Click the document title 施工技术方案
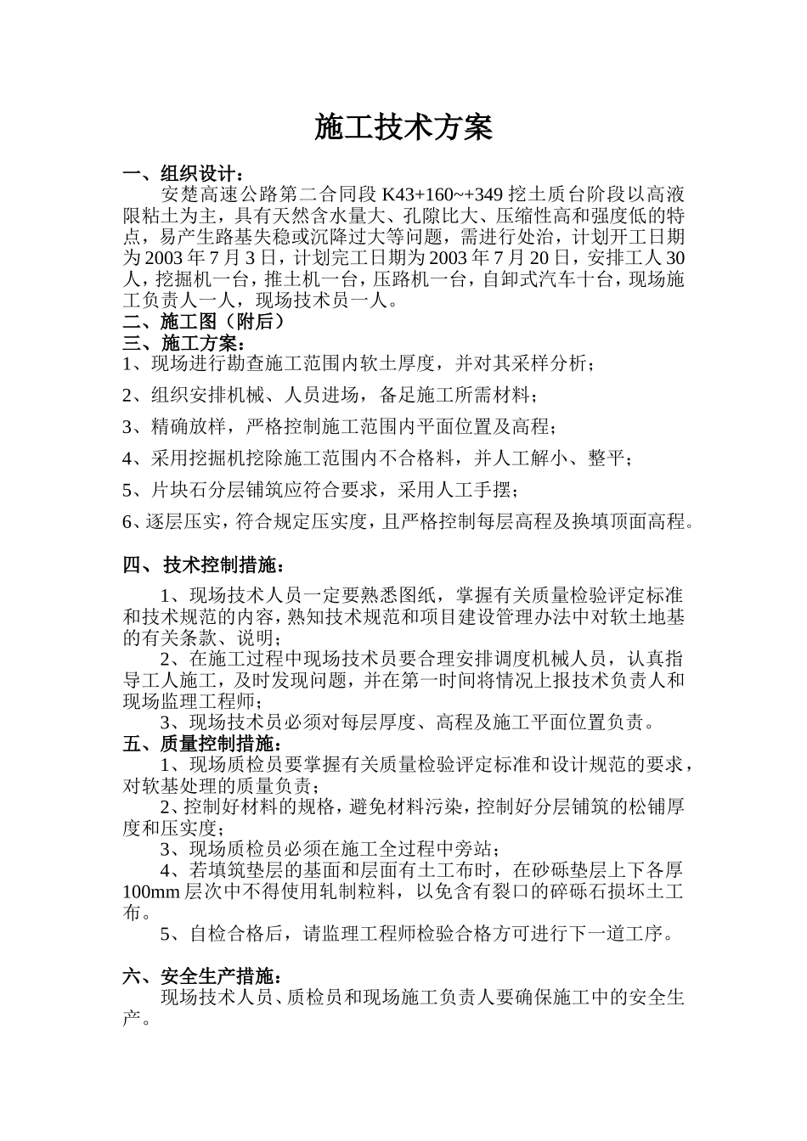click(x=403, y=128)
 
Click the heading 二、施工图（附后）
click(x=204, y=322)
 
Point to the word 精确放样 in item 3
click(x=189, y=427)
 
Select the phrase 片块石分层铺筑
click(x=217, y=490)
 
